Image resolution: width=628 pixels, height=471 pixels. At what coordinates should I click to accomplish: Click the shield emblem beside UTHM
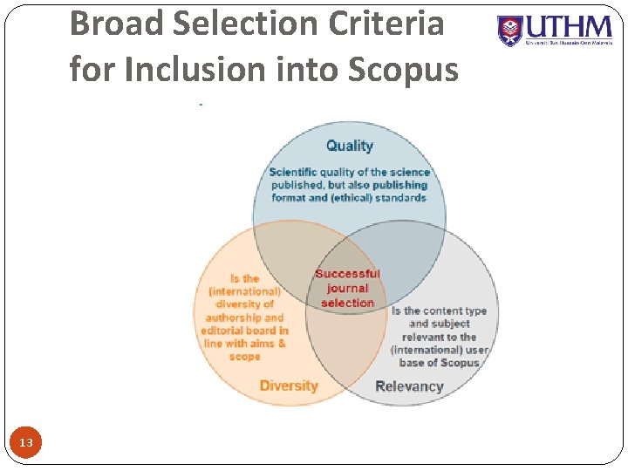[510, 31]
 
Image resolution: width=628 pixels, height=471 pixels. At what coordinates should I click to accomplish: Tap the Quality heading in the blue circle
[349, 146]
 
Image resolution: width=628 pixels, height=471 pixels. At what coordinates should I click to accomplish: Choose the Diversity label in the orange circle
[289, 386]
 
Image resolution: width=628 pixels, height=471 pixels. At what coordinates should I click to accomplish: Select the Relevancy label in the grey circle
[409, 386]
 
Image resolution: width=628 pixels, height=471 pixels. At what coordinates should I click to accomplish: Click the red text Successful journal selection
[347, 288]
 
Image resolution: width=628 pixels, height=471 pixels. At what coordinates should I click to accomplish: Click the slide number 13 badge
[26, 444]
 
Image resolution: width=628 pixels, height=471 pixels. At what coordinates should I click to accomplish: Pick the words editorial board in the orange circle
[244, 331]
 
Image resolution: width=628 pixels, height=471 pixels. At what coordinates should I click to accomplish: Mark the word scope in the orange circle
[244, 357]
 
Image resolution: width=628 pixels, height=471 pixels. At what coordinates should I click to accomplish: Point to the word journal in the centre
[347, 289]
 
